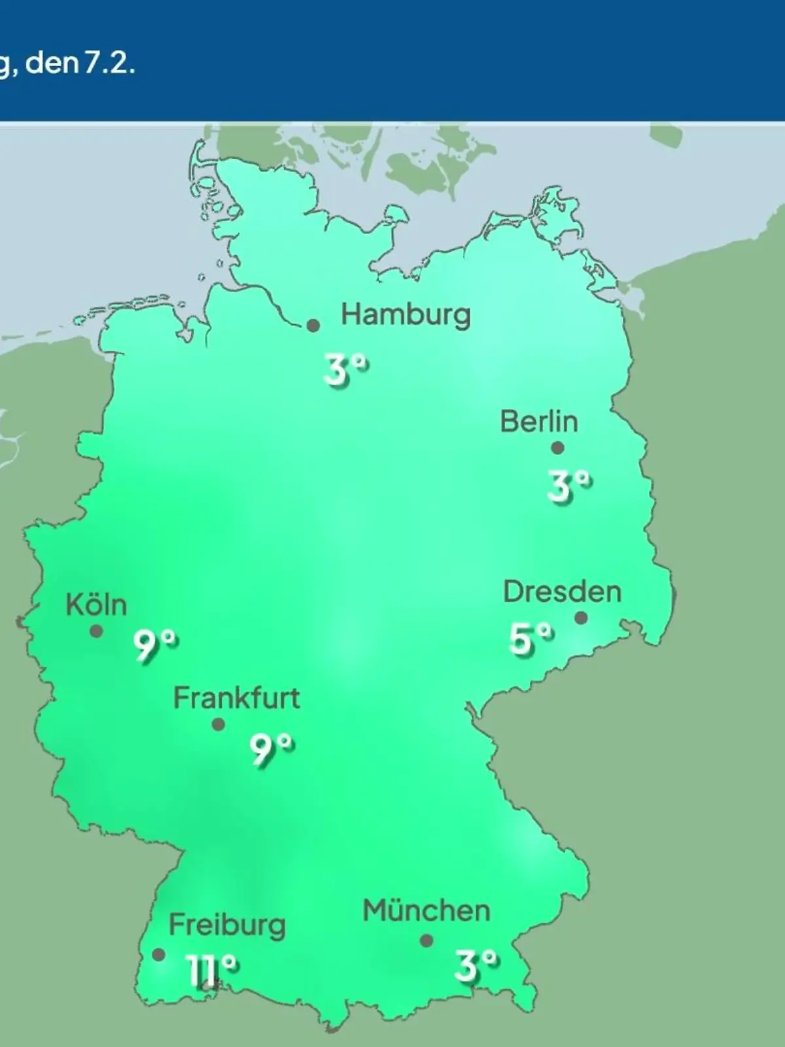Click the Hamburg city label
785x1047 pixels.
coord(406,315)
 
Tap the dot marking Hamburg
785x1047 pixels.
coord(313,325)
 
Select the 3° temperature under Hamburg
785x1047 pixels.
coord(345,370)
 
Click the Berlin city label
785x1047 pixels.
coord(539,421)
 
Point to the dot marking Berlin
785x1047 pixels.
coord(557,448)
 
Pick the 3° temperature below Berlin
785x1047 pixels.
coord(569,486)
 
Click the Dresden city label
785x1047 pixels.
coord(562,592)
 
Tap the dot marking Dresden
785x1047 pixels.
coord(581,618)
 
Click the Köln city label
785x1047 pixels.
coord(96,605)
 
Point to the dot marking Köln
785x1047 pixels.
coord(96,631)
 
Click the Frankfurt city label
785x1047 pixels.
coord(236,698)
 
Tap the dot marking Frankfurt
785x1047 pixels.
coord(218,724)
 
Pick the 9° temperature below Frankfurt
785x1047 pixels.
coord(271,749)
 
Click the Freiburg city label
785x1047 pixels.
coord(227,925)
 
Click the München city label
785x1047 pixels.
coord(427,911)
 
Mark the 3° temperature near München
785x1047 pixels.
coord(476,965)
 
